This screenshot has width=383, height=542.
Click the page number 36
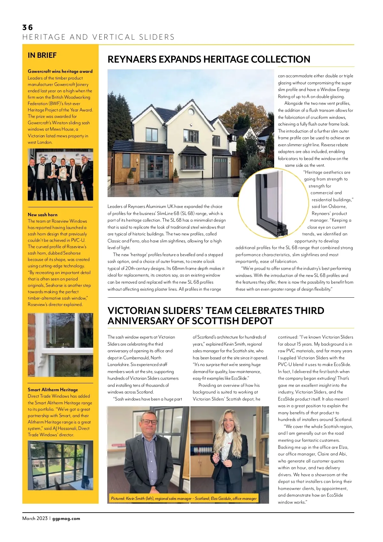27,27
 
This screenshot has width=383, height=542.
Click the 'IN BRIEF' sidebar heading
42,55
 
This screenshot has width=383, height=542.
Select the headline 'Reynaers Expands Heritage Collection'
209,59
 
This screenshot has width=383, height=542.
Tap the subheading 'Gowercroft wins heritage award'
60,71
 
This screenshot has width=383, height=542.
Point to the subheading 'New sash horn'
42,215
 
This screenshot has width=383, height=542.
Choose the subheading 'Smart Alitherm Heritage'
53,390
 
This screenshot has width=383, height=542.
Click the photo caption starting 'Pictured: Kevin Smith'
184,498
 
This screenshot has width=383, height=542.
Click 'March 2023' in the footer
35,518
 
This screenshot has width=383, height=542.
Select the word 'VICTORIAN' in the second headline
134,311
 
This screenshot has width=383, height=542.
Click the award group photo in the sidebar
60,174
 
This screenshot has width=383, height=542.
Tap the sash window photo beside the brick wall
60,345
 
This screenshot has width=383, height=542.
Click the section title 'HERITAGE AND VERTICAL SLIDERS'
98,37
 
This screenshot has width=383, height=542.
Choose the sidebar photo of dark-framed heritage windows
60,465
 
